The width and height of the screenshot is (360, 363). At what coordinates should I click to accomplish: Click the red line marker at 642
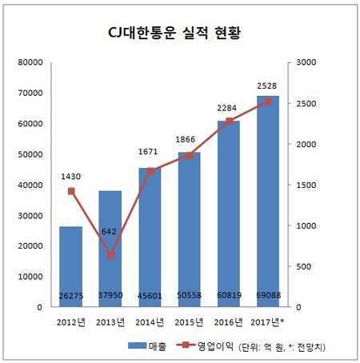pos(110,255)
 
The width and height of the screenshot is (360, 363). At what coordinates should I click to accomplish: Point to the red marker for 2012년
pos(71,191)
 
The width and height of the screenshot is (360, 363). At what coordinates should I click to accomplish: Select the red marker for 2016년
pos(229,122)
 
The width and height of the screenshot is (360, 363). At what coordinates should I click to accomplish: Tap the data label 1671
pos(150,151)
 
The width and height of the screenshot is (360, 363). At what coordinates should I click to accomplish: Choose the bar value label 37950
pos(110,297)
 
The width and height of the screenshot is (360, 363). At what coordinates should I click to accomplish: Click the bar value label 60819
pos(229,297)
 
